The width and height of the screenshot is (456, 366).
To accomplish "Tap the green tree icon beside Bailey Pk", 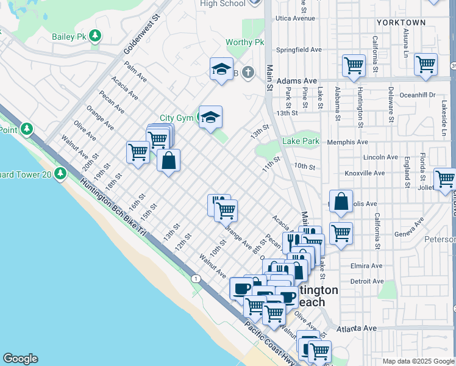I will tap(94, 37).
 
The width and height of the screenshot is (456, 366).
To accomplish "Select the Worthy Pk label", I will tap(244, 42).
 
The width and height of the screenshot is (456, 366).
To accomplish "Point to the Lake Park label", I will tap(301, 142).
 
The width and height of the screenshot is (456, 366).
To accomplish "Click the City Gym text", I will tap(176, 118).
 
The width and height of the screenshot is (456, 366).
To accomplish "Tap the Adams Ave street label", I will tap(297, 81).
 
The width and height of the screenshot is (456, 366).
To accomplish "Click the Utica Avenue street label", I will tap(296, 18).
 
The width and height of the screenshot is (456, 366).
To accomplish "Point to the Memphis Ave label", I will tap(347, 142).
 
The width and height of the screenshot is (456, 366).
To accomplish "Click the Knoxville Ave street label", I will tap(365, 173).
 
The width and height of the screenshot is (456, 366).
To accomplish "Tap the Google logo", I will tap(20, 359).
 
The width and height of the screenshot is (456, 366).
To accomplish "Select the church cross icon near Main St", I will tap(247, 73).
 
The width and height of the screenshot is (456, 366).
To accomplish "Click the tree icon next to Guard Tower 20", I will tap(60, 174).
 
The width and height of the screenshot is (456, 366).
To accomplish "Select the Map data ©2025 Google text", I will tap(418, 361).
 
